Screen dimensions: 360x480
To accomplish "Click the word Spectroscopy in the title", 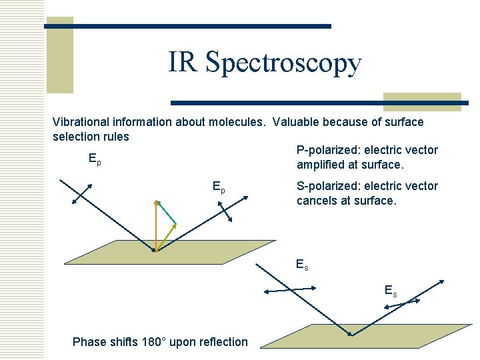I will pyautogui.click(x=284, y=63).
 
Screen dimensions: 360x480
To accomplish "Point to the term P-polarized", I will pyautogui.click(x=328, y=150).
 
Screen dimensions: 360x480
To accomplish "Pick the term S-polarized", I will pyautogui.click(x=328, y=186).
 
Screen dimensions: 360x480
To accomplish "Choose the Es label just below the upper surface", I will pyautogui.click(x=302, y=265).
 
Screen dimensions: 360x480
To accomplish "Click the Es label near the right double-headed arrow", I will pyautogui.click(x=390, y=290).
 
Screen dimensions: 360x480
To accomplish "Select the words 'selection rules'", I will pyautogui.click(x=91, y=137).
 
